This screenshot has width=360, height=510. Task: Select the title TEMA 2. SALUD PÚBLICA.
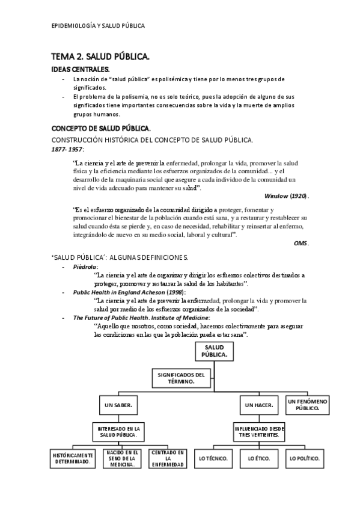pos(100,57)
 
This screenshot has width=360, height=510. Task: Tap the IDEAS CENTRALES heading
pos(80,70)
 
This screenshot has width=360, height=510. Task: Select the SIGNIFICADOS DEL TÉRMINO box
pos(181,378)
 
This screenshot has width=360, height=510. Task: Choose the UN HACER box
pos(259,405)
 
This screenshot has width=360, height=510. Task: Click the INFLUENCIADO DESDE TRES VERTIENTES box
pos(259,431)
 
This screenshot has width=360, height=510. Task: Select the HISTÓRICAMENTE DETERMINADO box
pos(72,458)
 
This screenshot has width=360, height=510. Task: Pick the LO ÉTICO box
pos(259,458)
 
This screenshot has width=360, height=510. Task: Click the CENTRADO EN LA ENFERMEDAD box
pos(168,458)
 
